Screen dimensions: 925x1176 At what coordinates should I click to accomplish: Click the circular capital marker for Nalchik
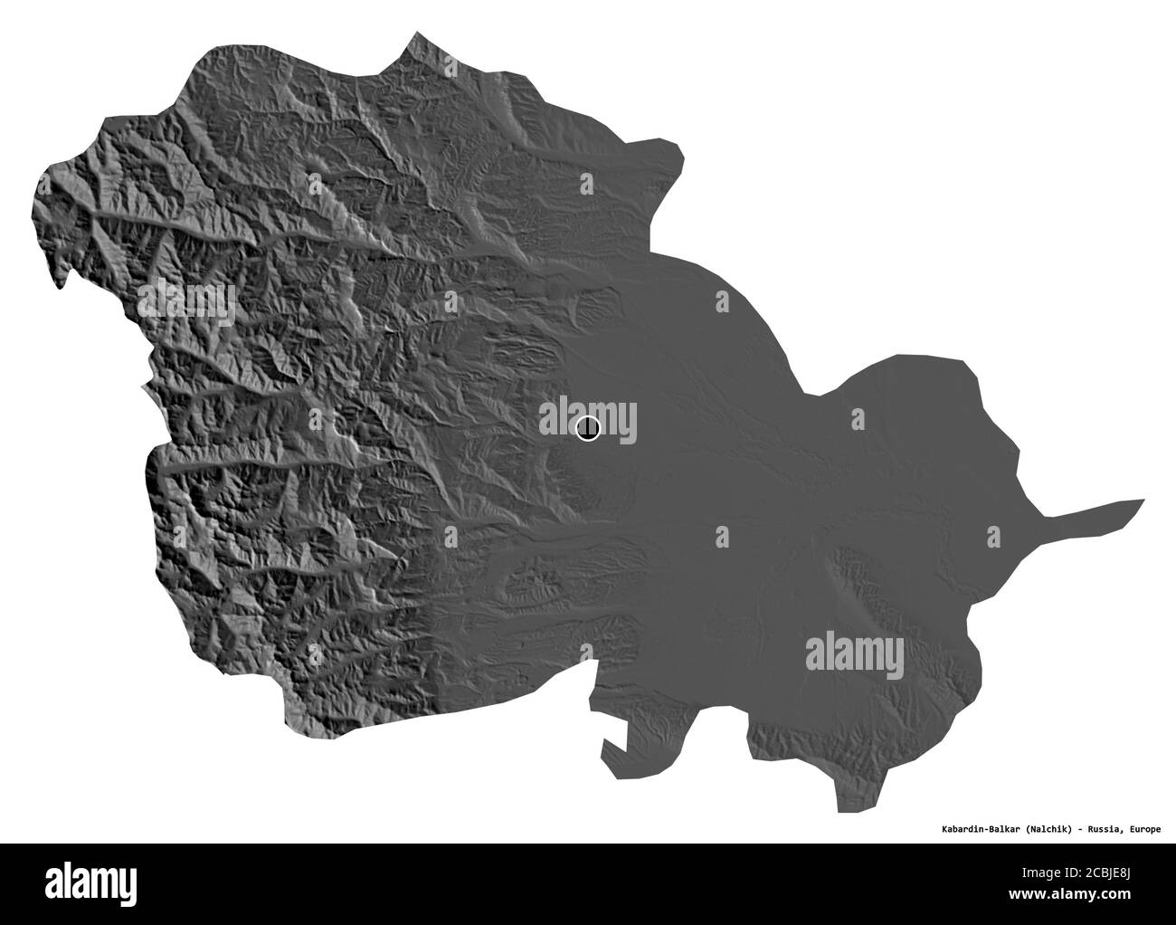587,428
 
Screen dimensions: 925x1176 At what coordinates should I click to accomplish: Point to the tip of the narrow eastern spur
1142,501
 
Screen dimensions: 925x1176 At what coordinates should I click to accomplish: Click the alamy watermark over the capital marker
588,422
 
